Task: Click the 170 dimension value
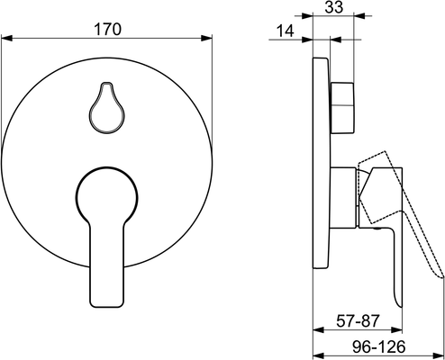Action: (107, 30)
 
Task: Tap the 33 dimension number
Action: (333, 7)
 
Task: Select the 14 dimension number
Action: (285, 31)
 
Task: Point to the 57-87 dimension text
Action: (358, 321)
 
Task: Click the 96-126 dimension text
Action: (378, 347)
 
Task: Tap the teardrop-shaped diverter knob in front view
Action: (106, 107)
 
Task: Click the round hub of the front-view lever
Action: (107, 196)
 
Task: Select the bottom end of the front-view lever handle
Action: (107, 306)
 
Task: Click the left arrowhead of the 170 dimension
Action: (6, 39)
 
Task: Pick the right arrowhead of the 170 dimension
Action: (206, 39)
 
